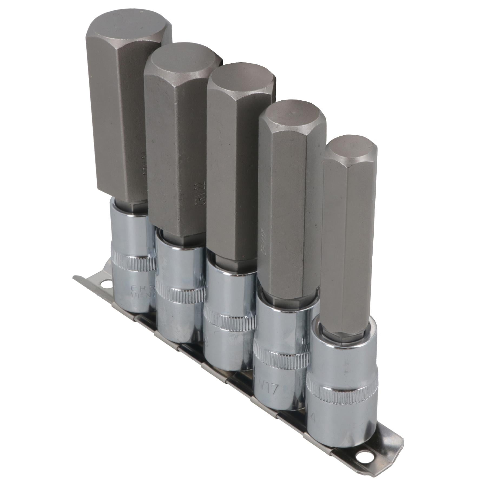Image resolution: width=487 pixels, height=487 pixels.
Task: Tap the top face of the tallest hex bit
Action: pos(127,35)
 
